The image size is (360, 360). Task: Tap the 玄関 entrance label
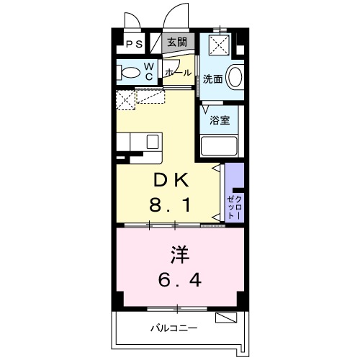(177, 42)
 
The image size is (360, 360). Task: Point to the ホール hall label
(178, 73)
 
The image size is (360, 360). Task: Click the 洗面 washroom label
(212, 79)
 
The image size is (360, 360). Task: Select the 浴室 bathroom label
(220, 120)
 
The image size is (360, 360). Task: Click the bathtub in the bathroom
(219, 146)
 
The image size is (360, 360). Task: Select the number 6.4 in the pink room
(180, 279)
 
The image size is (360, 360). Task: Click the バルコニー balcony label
(174, 328)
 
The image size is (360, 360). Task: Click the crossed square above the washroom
(220, 46)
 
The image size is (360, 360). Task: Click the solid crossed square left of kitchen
(125, 100)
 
